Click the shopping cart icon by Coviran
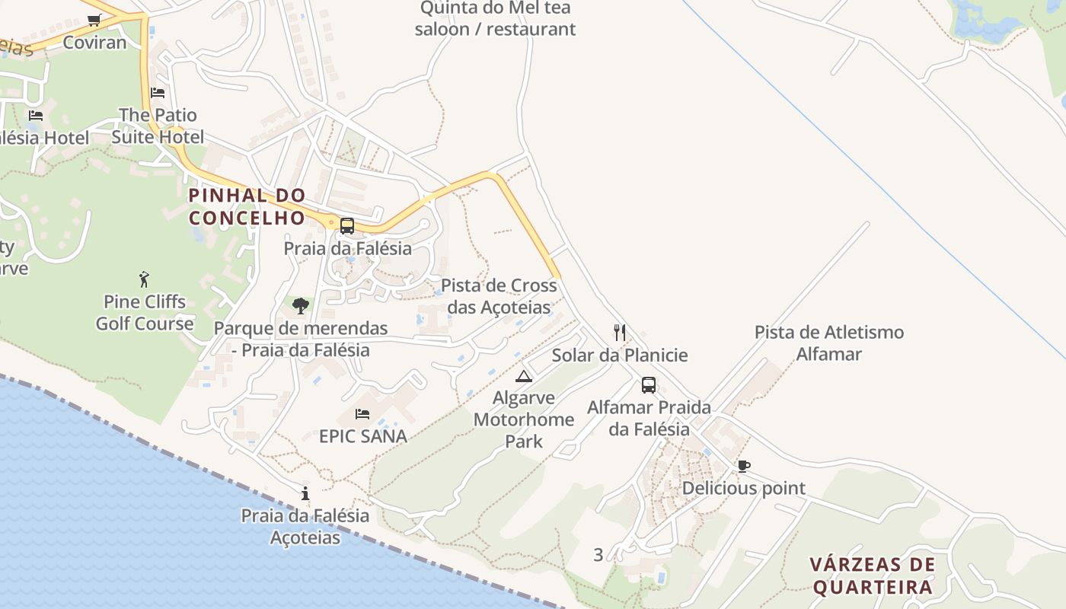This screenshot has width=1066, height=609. click(x=94, y=21)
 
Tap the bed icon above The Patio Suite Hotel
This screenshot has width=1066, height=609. click(x=158, y=93)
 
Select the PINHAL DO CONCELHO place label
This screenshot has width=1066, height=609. click(x=247, y=206)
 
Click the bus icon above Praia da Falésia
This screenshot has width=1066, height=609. click(x=347, y=226)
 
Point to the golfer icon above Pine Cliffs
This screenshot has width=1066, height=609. click(x=145, y=279)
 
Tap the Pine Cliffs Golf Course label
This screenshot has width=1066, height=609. click(x=145, y=313)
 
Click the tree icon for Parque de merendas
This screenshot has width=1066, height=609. click(x=301, y=306)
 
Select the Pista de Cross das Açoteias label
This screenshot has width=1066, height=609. click(x=499, y=297)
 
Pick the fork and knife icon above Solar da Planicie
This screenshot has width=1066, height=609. click(x=620, y=333)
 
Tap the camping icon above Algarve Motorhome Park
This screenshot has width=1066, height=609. click(x=524, y=376)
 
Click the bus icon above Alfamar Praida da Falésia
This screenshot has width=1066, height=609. click(x=649, y=385)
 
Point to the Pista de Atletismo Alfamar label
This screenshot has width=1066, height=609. click(x=829, y=343)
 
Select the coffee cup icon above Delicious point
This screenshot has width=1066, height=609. click(x=743, y=466)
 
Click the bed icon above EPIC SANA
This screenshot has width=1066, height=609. click(x=362, y=414)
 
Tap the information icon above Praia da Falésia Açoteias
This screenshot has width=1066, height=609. click(x=305, y=493)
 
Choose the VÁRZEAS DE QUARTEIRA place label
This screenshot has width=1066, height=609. click(x=872, y=576)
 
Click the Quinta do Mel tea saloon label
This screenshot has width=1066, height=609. click(x=495, y=19)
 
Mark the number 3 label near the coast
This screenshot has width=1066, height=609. click(x=598, y=555)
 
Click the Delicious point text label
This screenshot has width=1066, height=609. click(x=743, y=488)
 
